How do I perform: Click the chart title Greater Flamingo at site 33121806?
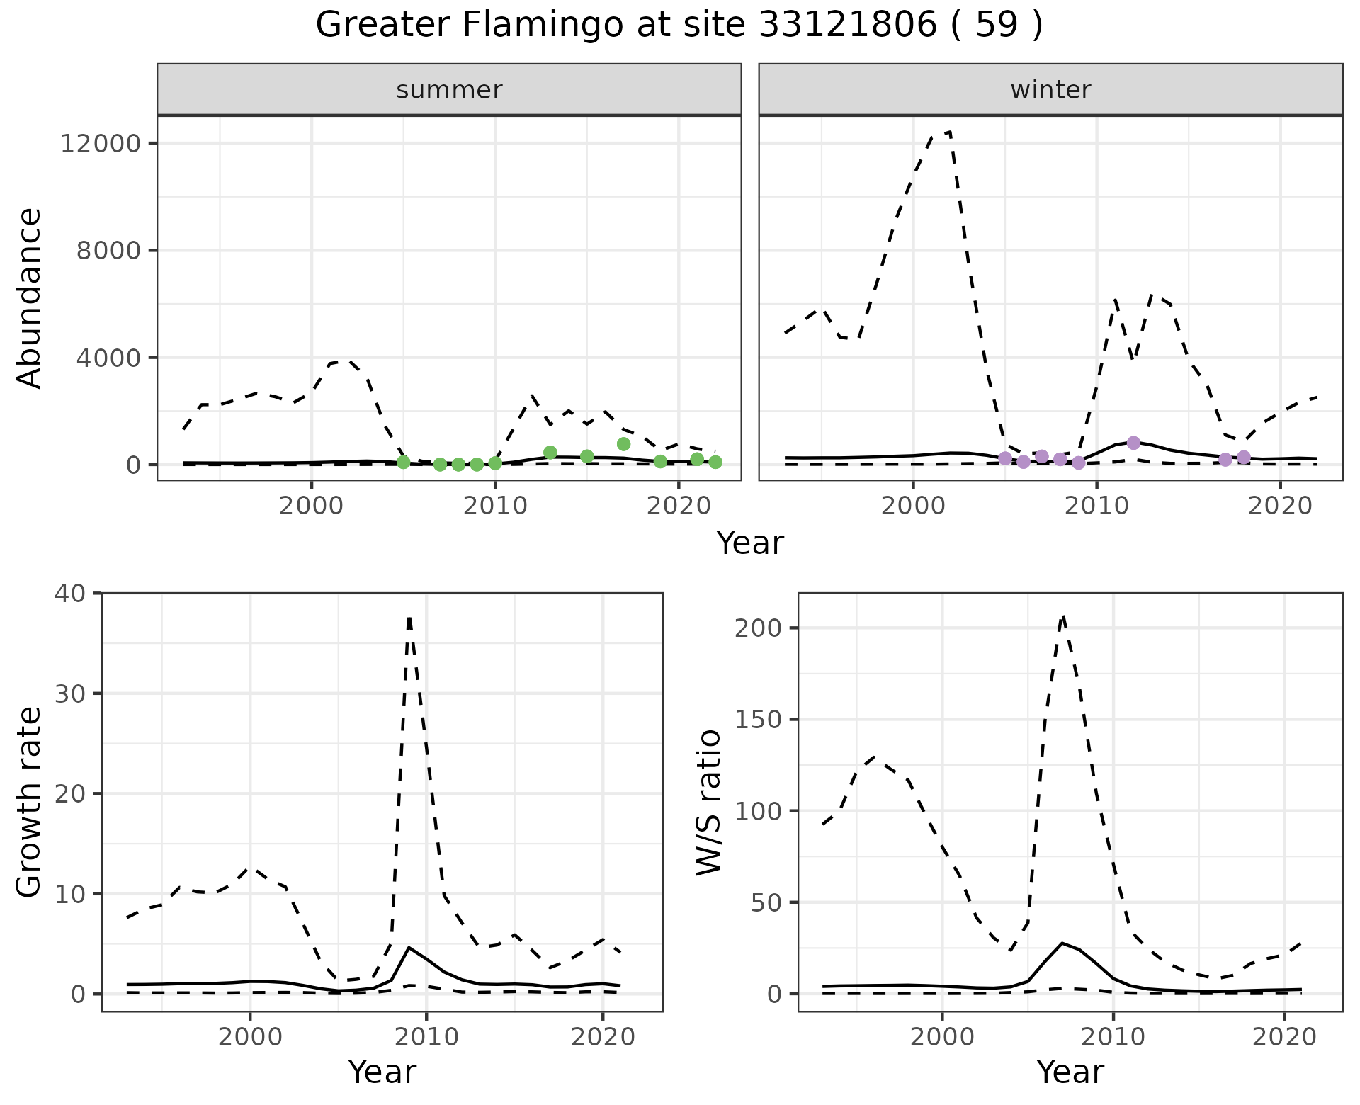click(x=679, y=25)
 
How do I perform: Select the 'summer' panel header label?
click(x=449, y=90)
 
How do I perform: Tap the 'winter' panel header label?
click(x=1050, y=90)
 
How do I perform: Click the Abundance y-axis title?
click(x=30, y=297)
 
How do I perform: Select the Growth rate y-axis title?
click(x=30, y=802)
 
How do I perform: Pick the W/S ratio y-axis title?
click(x=708, y=802)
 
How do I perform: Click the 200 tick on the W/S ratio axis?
click(x=758, y=628)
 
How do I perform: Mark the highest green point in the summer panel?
click(x=623, y=444)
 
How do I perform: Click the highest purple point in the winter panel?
click(x=1133, y=443)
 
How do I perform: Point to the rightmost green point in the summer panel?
click(x=715, y=462)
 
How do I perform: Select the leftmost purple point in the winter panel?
click(x=1005, y=458)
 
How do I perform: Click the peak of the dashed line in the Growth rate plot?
click(x=409, y=618)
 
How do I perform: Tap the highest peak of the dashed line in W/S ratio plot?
click(x=1062, y=616)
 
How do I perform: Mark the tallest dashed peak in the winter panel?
click(x=949, y=132)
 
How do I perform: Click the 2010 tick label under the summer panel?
click(x=495, y=506)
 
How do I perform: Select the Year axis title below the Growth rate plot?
click(x=382, y=1072)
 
